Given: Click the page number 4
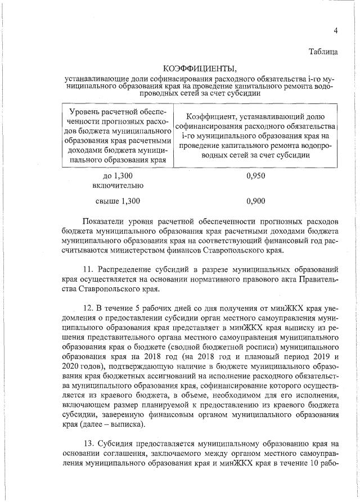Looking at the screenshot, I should (x=335, y=30).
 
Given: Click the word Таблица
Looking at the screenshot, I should (x=323, y=52).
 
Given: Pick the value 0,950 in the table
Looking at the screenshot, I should (x=255, y=176).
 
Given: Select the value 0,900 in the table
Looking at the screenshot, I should (x=255, y=200).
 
